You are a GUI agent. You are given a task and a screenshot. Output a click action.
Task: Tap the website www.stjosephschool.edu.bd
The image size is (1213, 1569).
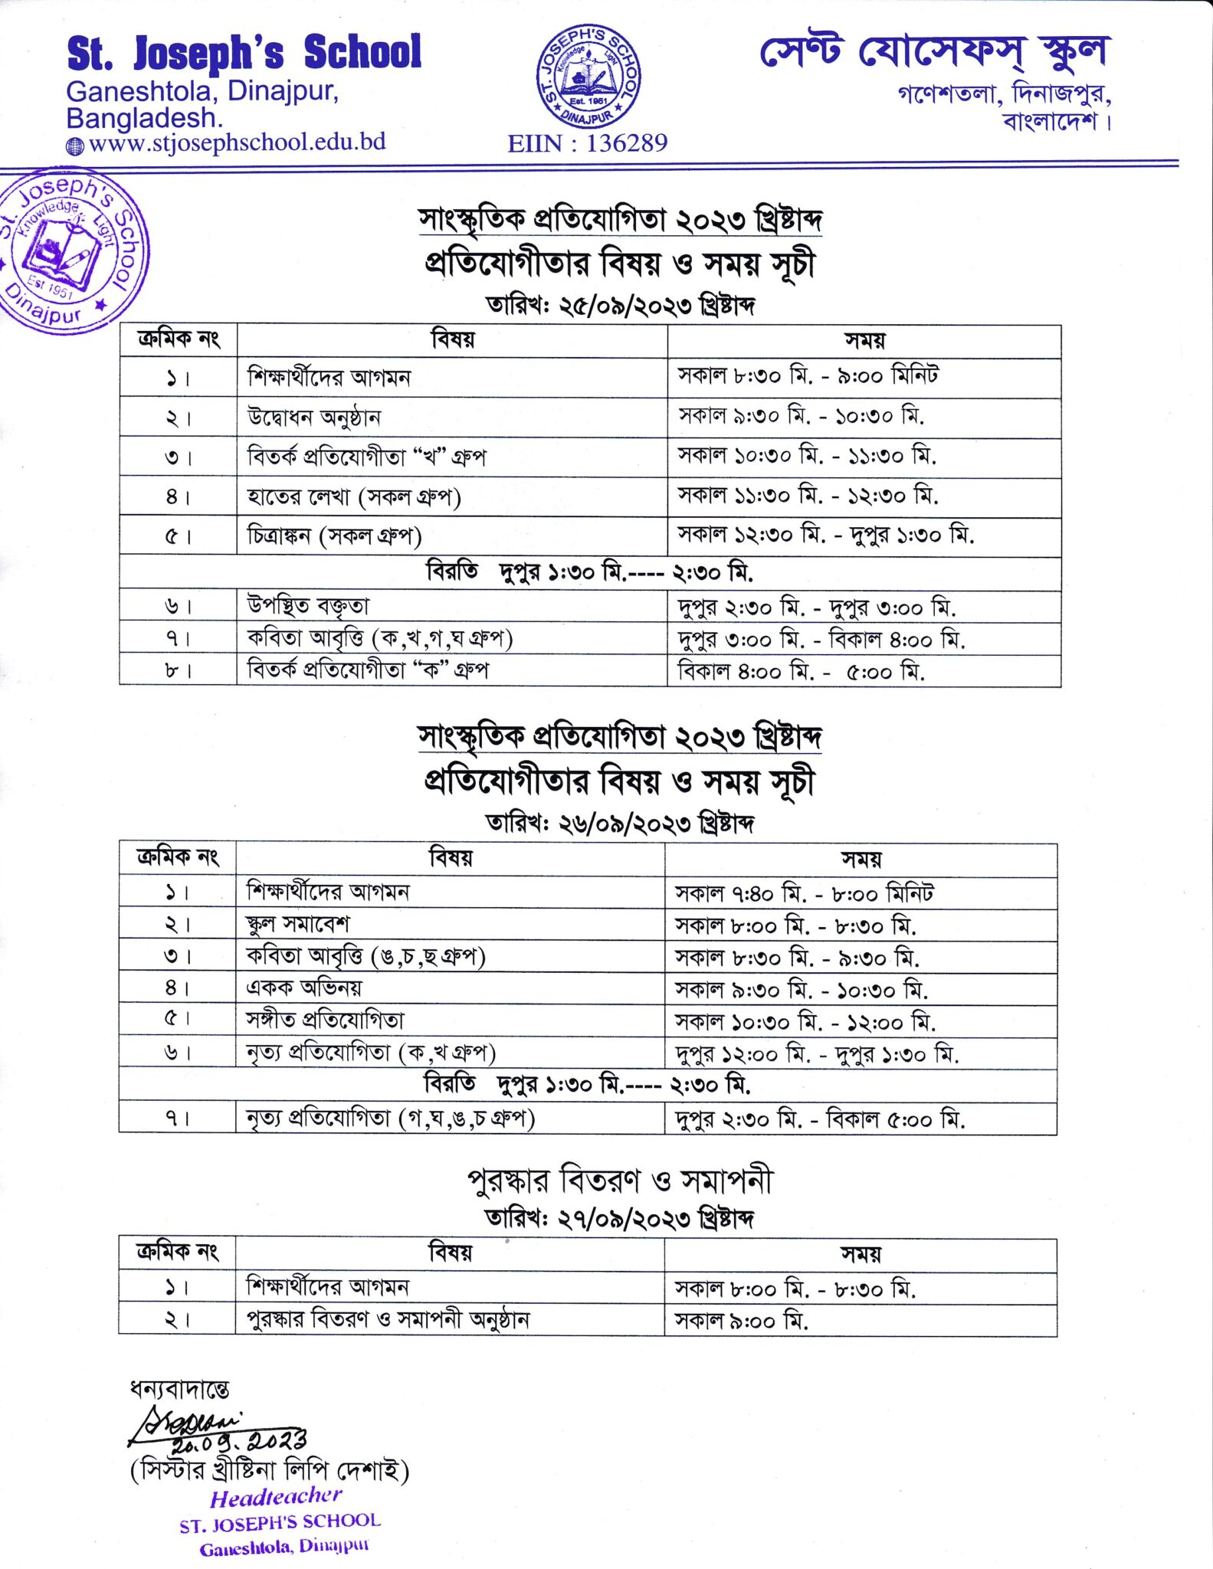point(237,142)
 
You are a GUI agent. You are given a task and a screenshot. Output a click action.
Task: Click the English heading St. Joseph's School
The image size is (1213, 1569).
point(244,53)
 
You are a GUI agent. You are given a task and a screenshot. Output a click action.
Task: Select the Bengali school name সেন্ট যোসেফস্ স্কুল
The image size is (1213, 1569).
point(935,52)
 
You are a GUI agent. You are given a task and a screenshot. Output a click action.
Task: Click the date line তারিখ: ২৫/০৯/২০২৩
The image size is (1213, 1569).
point(621,306)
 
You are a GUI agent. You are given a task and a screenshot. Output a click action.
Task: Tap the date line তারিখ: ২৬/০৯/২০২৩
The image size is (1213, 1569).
point(621,824)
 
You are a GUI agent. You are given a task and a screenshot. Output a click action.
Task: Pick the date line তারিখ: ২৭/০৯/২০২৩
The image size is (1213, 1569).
point(621,1218)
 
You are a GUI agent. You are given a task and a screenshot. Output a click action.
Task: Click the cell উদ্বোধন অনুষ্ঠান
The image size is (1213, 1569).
point(314,418)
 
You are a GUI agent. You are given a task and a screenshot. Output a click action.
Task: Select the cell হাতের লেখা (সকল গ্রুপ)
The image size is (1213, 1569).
point(353,497)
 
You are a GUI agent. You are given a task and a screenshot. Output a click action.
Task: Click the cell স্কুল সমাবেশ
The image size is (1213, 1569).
point(298,924)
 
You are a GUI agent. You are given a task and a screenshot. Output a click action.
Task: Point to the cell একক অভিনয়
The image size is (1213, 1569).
point(303,988)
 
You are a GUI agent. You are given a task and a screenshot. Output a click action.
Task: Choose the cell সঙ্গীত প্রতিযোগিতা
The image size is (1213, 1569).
point(325,1020)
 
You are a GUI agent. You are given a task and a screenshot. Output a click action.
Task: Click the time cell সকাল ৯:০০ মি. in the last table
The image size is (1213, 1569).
point(741,1320)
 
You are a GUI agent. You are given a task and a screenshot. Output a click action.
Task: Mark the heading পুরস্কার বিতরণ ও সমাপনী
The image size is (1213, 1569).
point(620,1181)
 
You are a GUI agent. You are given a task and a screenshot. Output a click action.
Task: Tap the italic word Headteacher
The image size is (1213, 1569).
point(276,1497)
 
